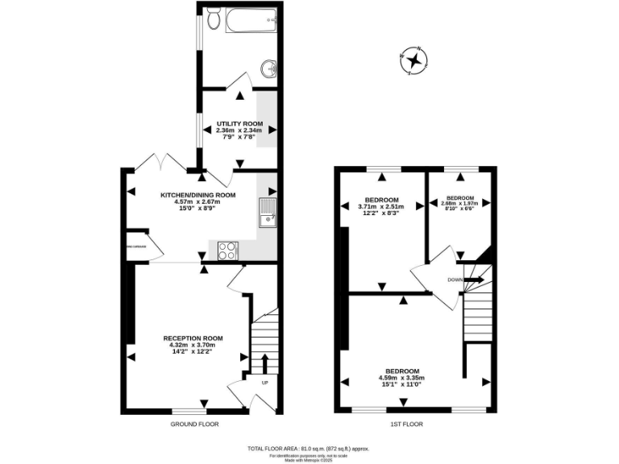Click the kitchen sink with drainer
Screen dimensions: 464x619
[267, 212]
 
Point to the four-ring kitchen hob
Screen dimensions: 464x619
[228, 250]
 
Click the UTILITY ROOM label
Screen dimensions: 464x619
[239, 124]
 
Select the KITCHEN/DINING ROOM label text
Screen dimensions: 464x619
[197, 195]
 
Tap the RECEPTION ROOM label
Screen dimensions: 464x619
[193, 338]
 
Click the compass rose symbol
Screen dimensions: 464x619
[413, 60]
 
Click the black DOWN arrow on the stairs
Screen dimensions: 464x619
[474, 280]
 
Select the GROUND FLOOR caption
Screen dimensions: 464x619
[194, 424]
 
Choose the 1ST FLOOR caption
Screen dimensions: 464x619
[407, 424]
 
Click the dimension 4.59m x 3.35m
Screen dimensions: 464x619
[401, 378]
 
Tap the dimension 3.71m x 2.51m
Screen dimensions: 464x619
[380, 207]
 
